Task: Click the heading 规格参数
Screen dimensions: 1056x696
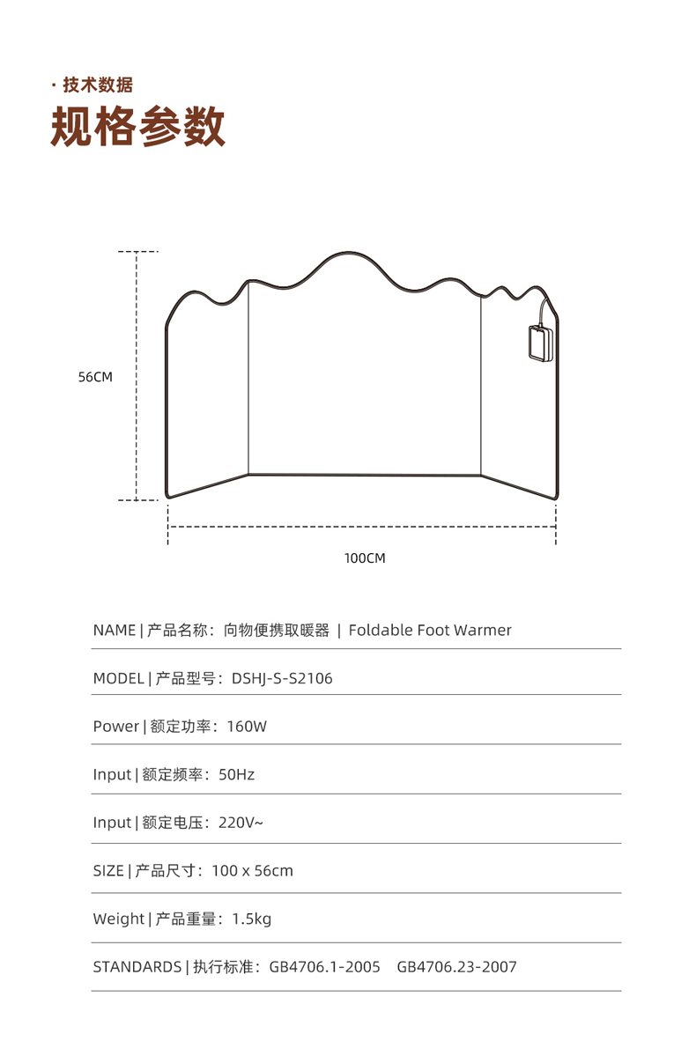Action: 138,127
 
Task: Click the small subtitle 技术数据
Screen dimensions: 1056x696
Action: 98,85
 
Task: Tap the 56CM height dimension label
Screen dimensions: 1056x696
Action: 95,377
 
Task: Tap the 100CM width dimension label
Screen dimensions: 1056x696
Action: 364,558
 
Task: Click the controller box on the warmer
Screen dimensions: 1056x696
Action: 538,343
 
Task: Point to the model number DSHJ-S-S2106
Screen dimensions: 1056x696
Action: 282,679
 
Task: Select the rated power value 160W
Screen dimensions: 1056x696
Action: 247,727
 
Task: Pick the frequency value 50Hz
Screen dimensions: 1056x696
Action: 236,775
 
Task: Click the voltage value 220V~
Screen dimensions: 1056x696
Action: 241,823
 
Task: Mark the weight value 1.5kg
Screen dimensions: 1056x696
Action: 252,919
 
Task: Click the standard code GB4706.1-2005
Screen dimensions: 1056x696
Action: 324,967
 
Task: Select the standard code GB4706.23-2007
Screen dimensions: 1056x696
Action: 456,967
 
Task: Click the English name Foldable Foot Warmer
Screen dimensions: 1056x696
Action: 430,631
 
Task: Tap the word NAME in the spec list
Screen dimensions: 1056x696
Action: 115,631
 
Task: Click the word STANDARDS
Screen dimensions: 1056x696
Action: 137,967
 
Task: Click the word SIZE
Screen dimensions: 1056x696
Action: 108,871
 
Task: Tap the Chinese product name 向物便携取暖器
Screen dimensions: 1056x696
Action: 277,631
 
